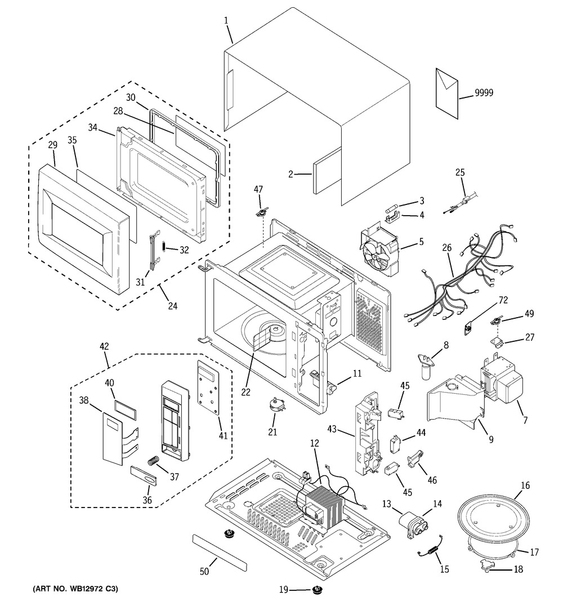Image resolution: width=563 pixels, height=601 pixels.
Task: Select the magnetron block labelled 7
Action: click(501, 383)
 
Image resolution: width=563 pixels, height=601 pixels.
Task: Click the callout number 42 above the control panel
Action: click(105, 346)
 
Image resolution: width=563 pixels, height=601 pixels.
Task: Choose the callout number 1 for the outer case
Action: click(226, 20)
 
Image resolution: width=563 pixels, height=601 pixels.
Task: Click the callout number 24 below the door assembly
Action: click(173, 306)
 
